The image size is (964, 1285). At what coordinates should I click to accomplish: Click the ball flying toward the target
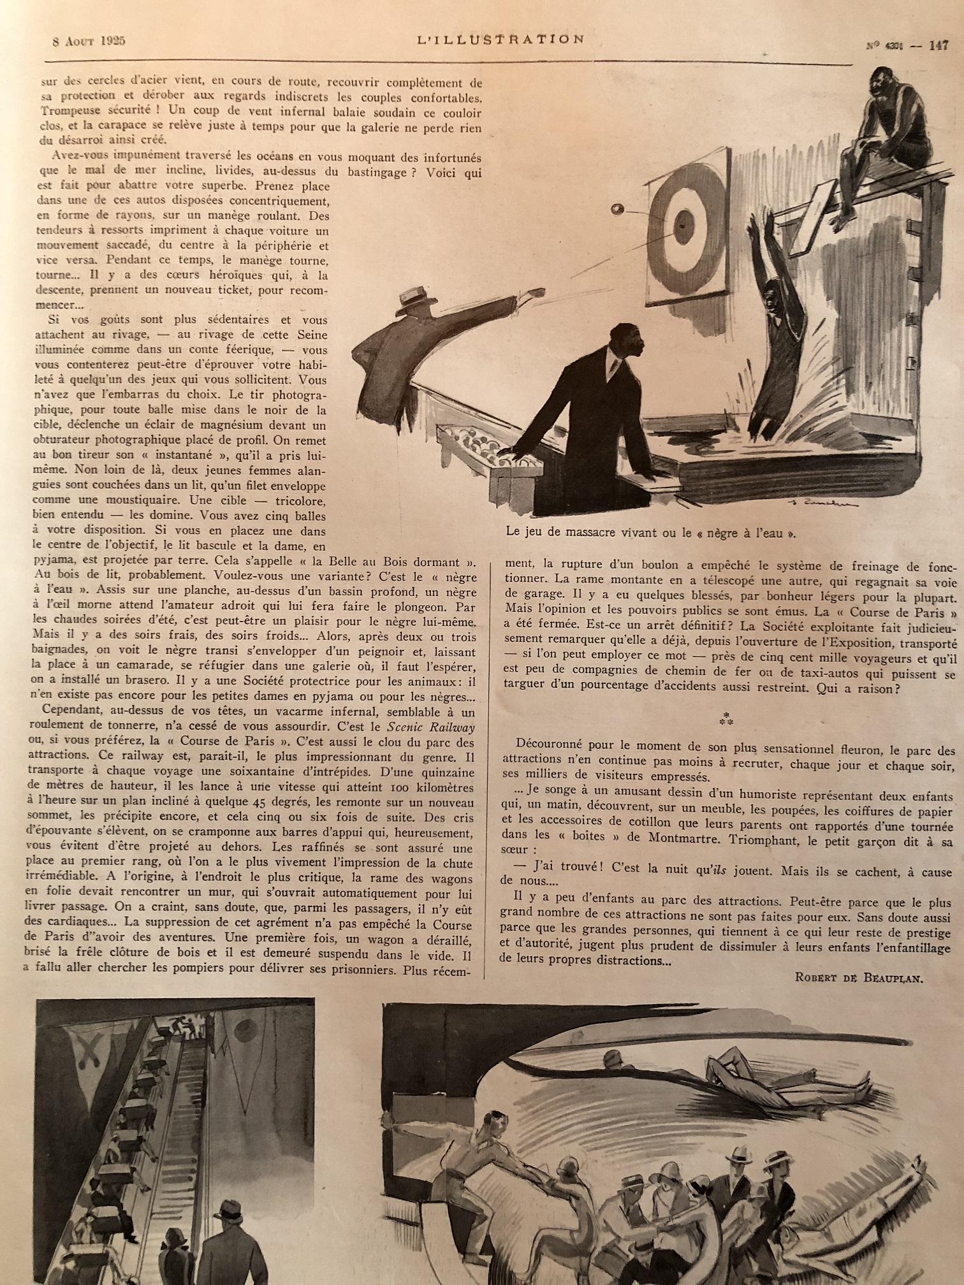(617, 209)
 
